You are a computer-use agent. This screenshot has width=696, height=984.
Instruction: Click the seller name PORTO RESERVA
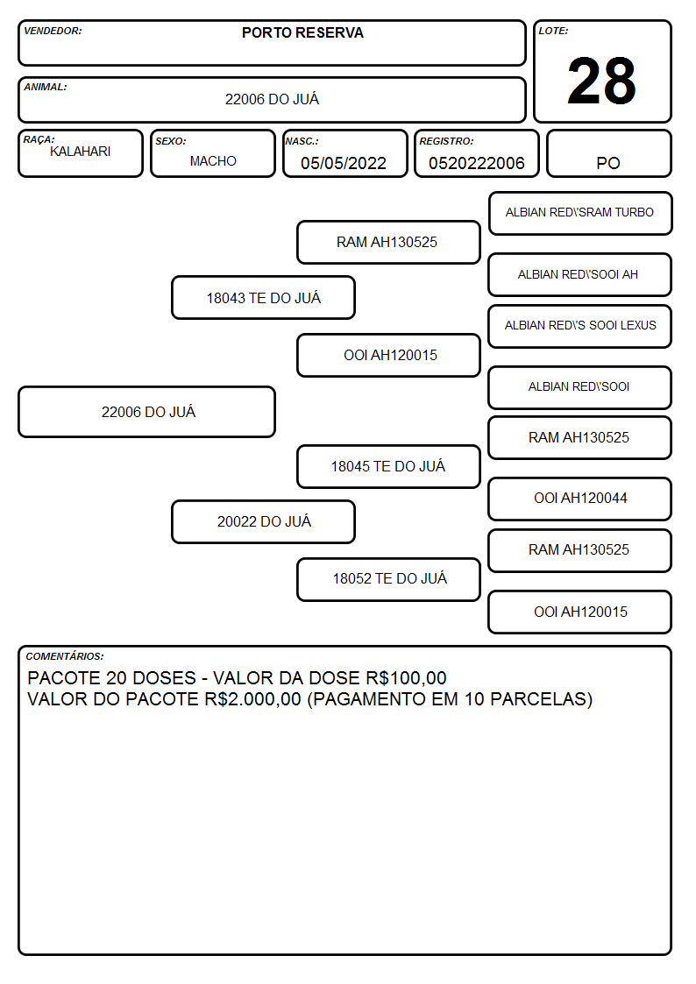(302, 32)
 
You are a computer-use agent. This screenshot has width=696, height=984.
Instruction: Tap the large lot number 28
(601, 81)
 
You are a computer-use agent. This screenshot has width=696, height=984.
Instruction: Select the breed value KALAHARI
(81, 152)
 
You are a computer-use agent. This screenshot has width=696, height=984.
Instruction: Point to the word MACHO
(213, 161)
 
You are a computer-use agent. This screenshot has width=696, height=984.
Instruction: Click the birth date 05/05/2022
(344, 163)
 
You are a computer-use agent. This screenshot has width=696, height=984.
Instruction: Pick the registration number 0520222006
(476, 163)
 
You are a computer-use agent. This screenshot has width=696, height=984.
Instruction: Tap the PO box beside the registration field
(608, 153)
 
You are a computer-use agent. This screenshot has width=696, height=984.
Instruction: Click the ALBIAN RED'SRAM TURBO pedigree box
(580, 214)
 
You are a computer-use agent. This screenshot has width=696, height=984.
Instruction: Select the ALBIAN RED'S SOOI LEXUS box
(580, 326)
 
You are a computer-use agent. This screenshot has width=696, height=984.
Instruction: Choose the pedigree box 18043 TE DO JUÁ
(264, 297)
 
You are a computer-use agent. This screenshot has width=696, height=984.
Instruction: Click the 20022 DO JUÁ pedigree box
(264, 521)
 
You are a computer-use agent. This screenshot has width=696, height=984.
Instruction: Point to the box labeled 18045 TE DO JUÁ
(388, 466)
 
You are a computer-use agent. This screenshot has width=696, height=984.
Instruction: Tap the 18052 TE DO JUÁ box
(388, 579)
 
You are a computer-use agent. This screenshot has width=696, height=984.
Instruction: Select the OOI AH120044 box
(580, 499)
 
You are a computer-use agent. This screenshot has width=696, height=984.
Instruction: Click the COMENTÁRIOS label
(65, 656)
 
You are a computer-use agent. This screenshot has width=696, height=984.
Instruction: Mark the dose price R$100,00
(406, 677)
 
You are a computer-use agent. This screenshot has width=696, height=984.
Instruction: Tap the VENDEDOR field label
(53, 31)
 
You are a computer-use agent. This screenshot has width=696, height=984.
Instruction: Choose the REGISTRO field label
(446, 141)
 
